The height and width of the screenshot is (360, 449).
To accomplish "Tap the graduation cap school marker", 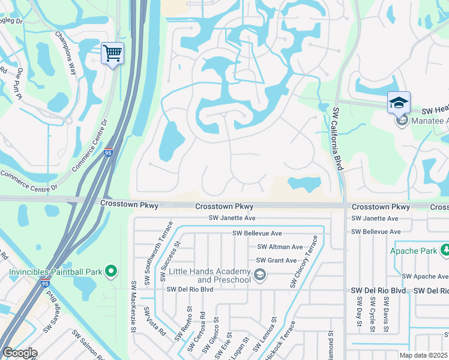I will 399,103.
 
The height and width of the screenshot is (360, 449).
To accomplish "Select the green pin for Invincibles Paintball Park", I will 110,272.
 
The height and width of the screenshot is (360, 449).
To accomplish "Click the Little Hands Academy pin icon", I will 259,275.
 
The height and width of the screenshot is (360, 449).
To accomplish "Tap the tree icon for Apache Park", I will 445,250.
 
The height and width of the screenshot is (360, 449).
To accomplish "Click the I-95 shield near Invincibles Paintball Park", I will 45,284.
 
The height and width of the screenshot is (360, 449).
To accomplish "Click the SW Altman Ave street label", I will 280,247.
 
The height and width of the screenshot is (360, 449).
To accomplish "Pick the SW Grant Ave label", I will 276,260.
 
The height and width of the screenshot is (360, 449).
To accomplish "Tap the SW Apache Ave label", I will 425,277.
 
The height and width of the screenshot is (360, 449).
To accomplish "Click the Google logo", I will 20,352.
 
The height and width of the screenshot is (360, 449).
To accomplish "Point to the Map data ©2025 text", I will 423,355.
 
